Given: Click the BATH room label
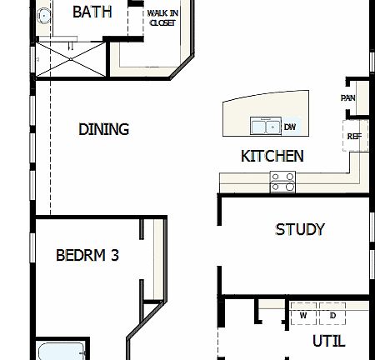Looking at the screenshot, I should pos(92,12).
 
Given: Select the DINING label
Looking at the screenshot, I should pos(103,129).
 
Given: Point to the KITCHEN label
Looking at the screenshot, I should pos(272,156).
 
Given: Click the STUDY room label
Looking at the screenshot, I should pos(299,229).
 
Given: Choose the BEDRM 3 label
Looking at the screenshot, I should pos(87,255).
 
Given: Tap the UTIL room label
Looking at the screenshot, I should pos(328,341).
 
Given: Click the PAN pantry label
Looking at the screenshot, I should pos(348,97).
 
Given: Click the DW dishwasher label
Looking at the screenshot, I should pos(290,127).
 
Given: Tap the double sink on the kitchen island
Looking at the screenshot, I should pos(267,127).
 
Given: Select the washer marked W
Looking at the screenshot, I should pos(303,315).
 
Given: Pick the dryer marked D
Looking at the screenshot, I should pos(332,315).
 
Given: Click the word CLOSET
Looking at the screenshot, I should pos(162,22).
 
